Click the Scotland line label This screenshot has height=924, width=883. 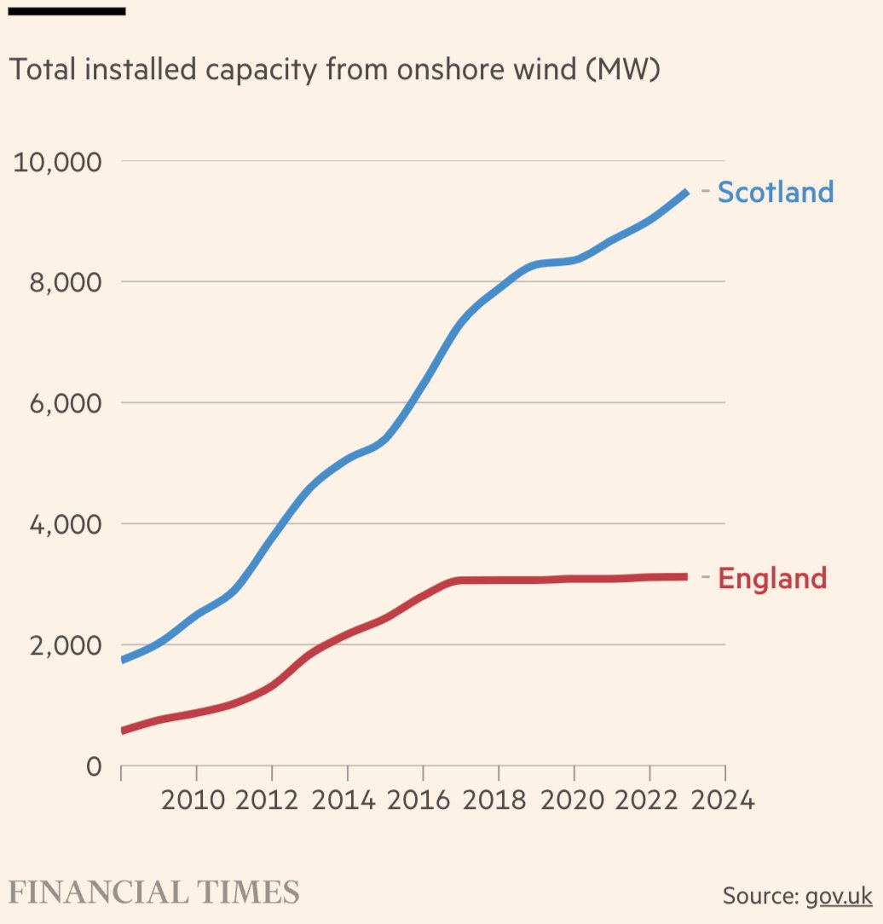[775, 192]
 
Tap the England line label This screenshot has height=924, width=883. [772, 578]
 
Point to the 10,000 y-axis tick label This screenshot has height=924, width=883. [56, 161]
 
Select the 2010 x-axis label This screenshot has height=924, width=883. [196, 801]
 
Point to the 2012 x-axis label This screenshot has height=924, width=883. [272, 801]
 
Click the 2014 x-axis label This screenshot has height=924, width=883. [347, 801]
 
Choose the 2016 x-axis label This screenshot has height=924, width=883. [423, 801]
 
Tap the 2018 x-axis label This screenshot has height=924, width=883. [499, 801]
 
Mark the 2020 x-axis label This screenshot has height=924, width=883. [574, 801]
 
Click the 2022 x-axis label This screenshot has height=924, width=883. [649, 801]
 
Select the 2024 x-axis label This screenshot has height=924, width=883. [724, 801]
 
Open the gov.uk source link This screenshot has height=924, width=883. [838, 896]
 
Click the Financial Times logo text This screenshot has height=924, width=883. [154, 892]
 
